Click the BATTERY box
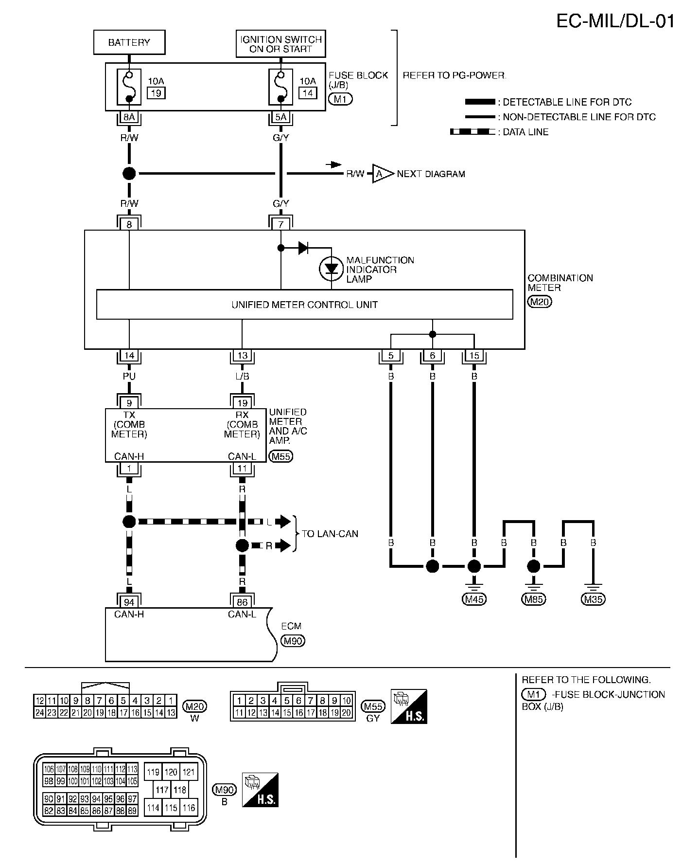click(129, 42)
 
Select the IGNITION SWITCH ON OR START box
click(280, 44)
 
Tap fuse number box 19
click(157, 92)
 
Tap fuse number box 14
click(308, 92)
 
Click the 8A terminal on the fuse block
click(129, 117)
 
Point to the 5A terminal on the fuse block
click(280, 117)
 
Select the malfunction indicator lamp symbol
click(332, 269)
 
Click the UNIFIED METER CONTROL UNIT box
click(304, 305)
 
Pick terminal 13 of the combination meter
click(242, 356)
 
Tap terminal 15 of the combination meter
click(474, 356)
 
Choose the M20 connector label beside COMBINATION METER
click(540, 302)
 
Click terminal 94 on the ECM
click(129, 602)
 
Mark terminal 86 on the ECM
click(242, 602)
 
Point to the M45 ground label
click(474, 599)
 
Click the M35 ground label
click(593, 599)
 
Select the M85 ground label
click(534, 599)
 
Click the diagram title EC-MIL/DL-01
click(615, 21)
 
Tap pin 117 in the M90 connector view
click(162, 790)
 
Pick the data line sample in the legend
click(472, 132)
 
